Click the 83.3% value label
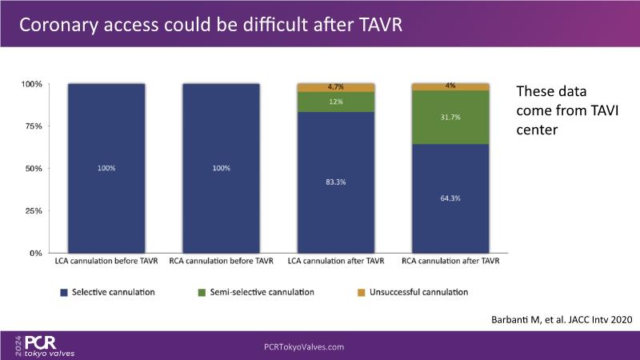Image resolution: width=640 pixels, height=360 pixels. tap(336, 182)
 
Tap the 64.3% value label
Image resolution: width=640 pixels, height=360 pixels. tap(450, 198)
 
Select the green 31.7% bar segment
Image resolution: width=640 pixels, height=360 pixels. tap(450, 117)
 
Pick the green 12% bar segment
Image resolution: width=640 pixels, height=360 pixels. tap(336, 102)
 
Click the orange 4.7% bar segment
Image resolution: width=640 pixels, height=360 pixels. tap(336, 86)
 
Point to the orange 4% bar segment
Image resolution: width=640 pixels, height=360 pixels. tap(450, 86)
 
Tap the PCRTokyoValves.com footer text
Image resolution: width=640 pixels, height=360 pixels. tap(304, 347)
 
